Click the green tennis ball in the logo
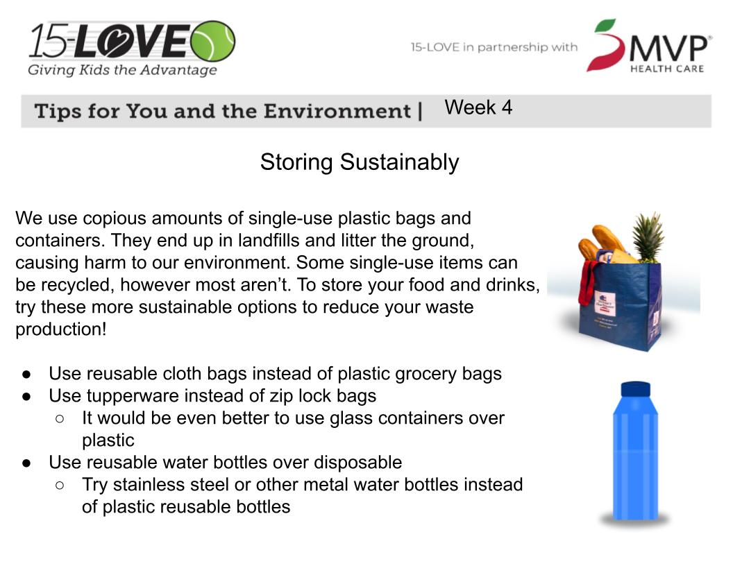coord(213,41)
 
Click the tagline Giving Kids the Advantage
coord(122,70)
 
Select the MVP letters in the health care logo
coord(669,48)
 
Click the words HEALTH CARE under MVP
coord(667,69)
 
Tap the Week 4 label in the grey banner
coord(478,108)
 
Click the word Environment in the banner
coord(337,111)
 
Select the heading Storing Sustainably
coord(360,162)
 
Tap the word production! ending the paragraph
coord(61,329)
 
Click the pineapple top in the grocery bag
coord(648,236)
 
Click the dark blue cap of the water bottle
coord(635,389)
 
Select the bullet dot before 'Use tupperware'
coord(26,397)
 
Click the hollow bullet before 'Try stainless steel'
coord(60,486)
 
